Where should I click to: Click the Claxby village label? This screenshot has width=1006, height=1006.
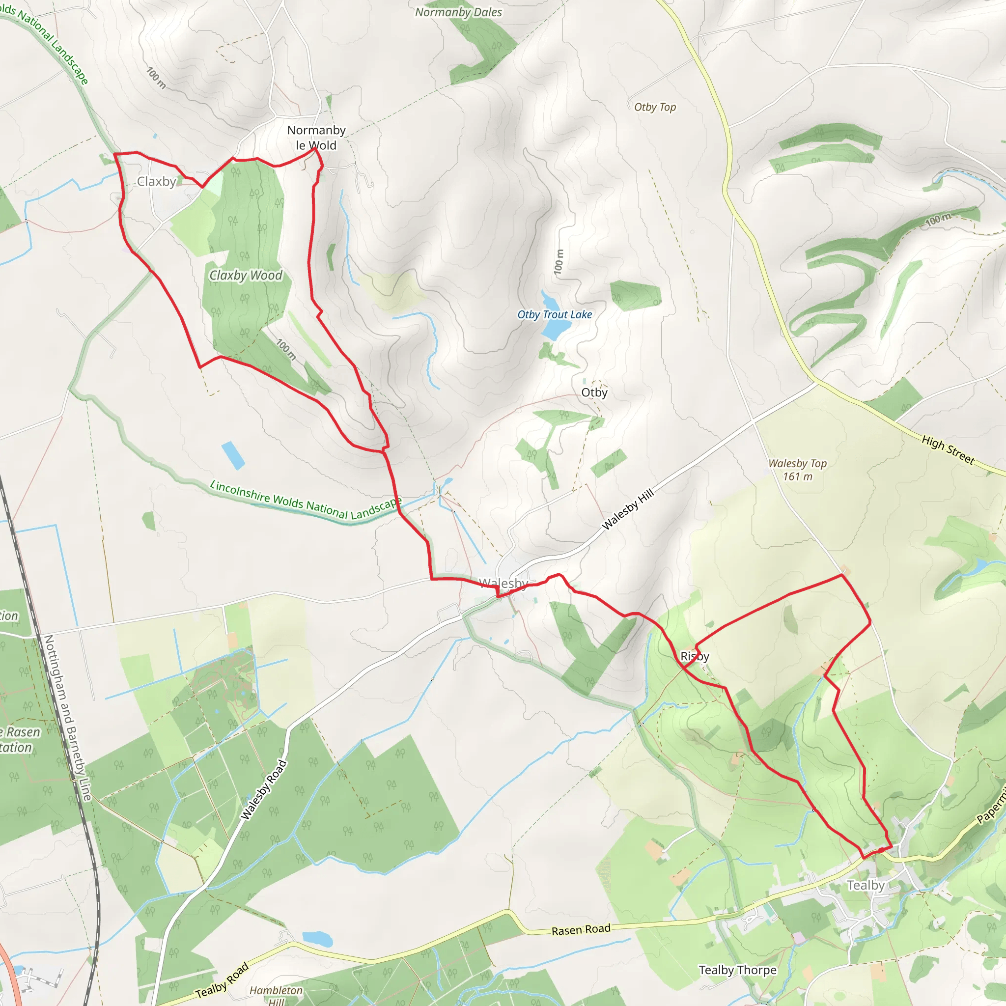[x=156, y=182]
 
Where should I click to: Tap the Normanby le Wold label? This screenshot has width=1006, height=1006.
[x=316, y=138]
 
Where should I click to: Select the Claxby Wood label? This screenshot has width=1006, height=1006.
[x=246, y=275]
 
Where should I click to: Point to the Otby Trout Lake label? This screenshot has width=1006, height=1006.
[x=555, y=314]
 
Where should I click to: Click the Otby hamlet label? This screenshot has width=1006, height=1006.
[x=594, y=392]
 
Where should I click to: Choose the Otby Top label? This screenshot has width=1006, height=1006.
[x=655, y=107]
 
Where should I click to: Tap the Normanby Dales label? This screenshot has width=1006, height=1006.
[x=458, y=12]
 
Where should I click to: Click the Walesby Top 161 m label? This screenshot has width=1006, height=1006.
[x=797, y=470]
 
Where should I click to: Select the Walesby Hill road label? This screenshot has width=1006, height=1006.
[x=627, y=510]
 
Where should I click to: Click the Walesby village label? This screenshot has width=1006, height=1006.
[x=503, y=583]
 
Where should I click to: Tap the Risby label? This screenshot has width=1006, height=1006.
[x=695, y=656]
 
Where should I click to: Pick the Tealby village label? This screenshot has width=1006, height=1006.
[x=866, y=885]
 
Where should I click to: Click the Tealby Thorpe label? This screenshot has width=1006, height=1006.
[x=737, y=970]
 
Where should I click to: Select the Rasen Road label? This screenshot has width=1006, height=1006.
[x=581, y=930]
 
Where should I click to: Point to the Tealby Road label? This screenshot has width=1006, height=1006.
[x=223, y=981]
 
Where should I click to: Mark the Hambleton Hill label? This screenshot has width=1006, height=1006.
[x=276, y=995]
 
